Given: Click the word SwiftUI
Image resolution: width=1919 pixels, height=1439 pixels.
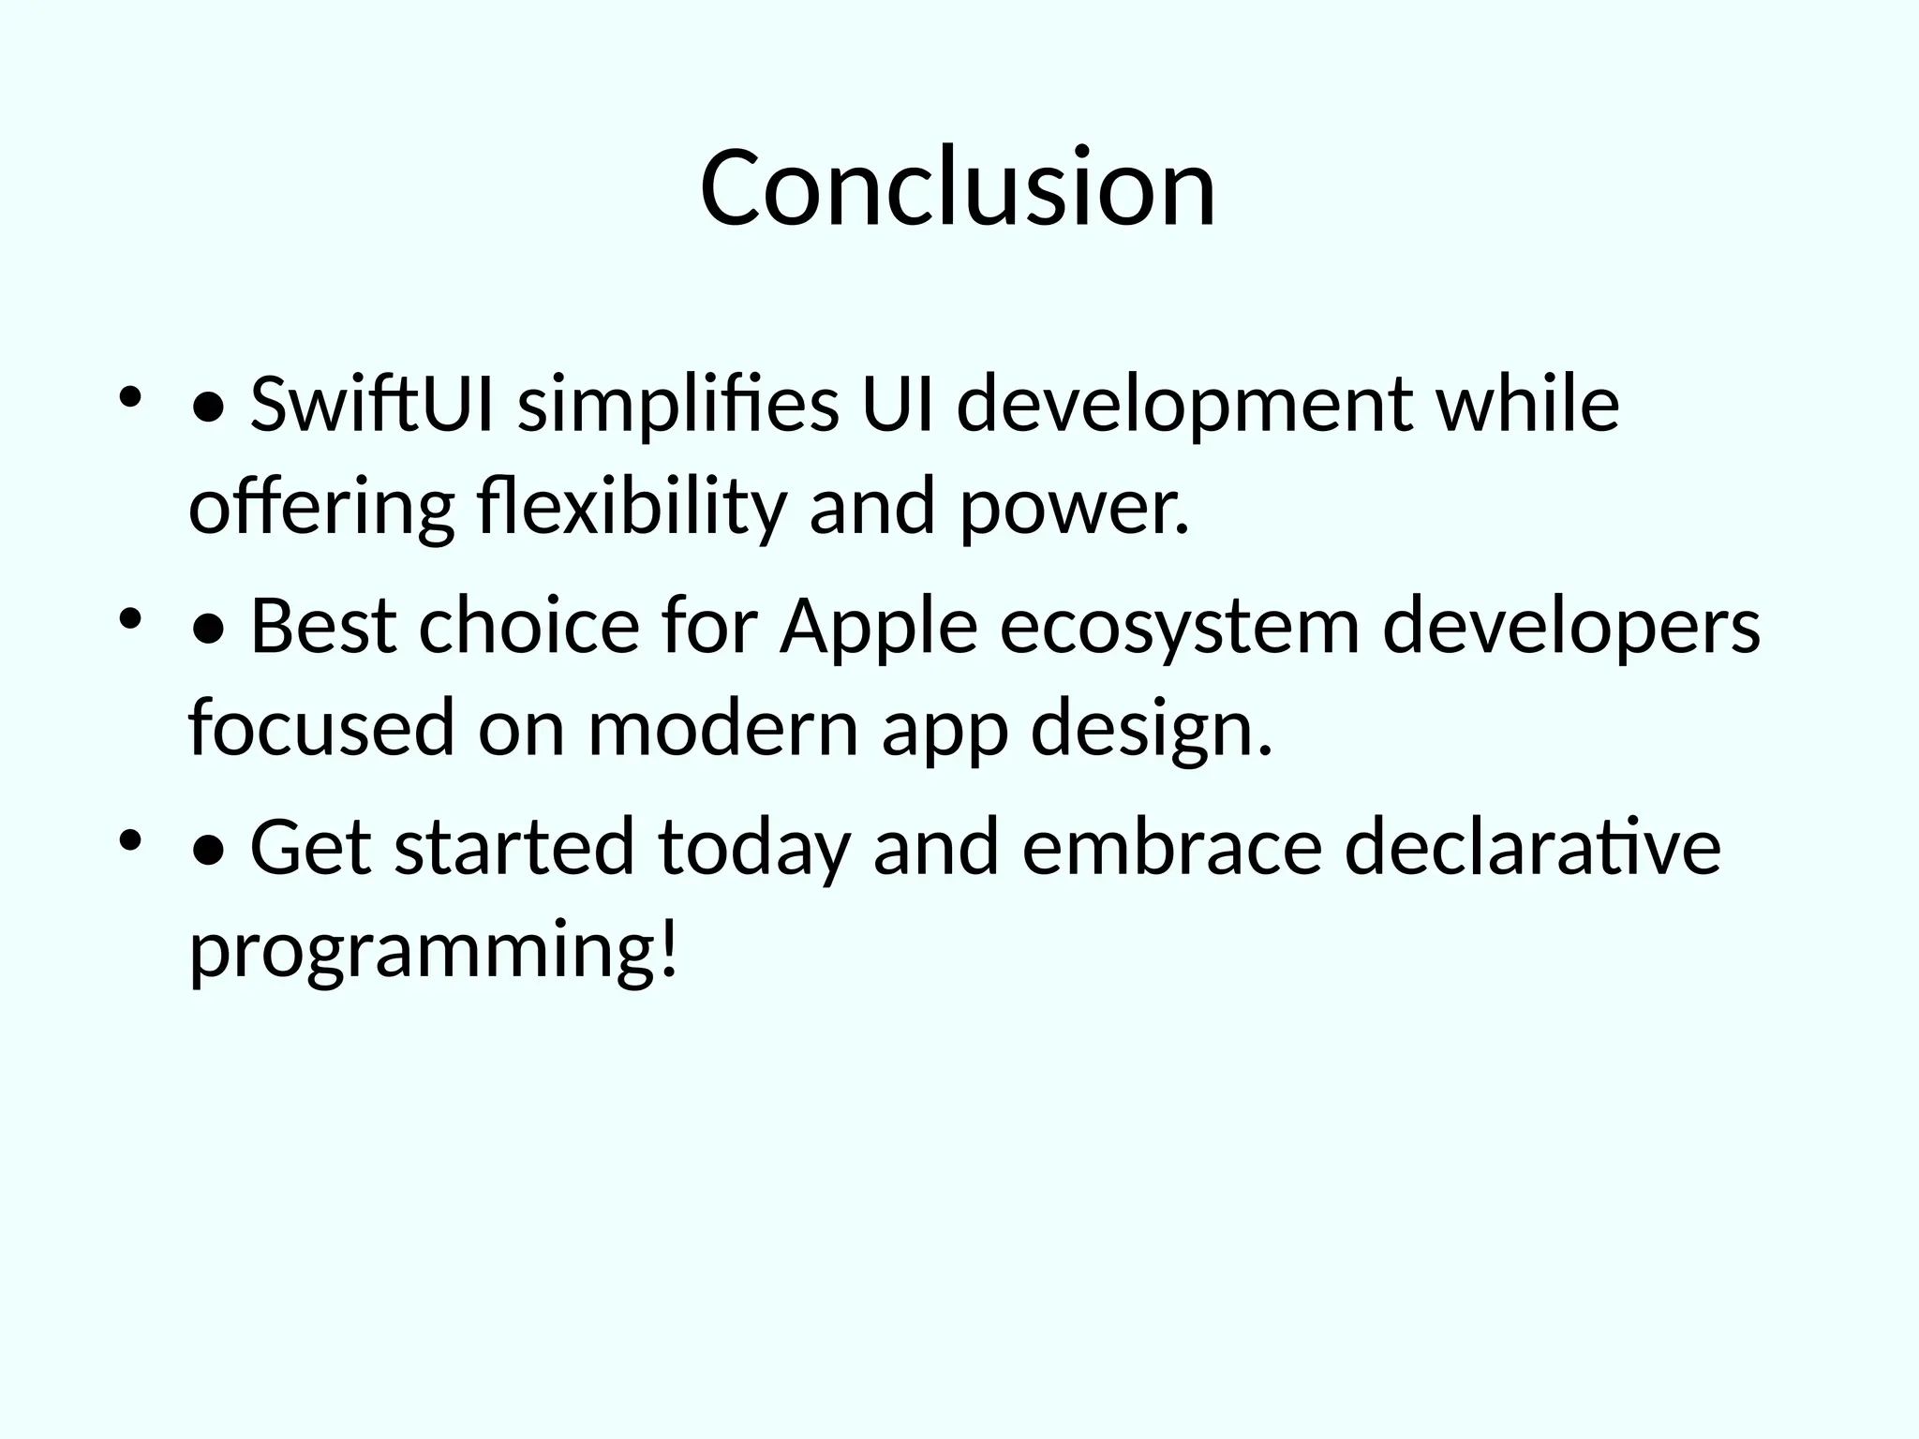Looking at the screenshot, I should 372,406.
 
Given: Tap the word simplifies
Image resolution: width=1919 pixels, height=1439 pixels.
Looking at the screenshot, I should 678,406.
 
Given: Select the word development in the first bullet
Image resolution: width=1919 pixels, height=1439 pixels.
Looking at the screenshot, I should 1184,406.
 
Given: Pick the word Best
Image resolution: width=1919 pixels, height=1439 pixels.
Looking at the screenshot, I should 323,626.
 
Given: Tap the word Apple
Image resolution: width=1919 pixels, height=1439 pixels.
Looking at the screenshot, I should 879,626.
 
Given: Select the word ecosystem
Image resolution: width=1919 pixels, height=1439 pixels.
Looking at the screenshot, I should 1179,626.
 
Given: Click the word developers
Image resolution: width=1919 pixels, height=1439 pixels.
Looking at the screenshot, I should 1571,626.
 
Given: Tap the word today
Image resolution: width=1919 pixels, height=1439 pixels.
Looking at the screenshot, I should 754,847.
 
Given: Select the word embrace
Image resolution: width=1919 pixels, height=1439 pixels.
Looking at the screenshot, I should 1171,847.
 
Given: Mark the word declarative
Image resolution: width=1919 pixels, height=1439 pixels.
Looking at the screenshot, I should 1532,847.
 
